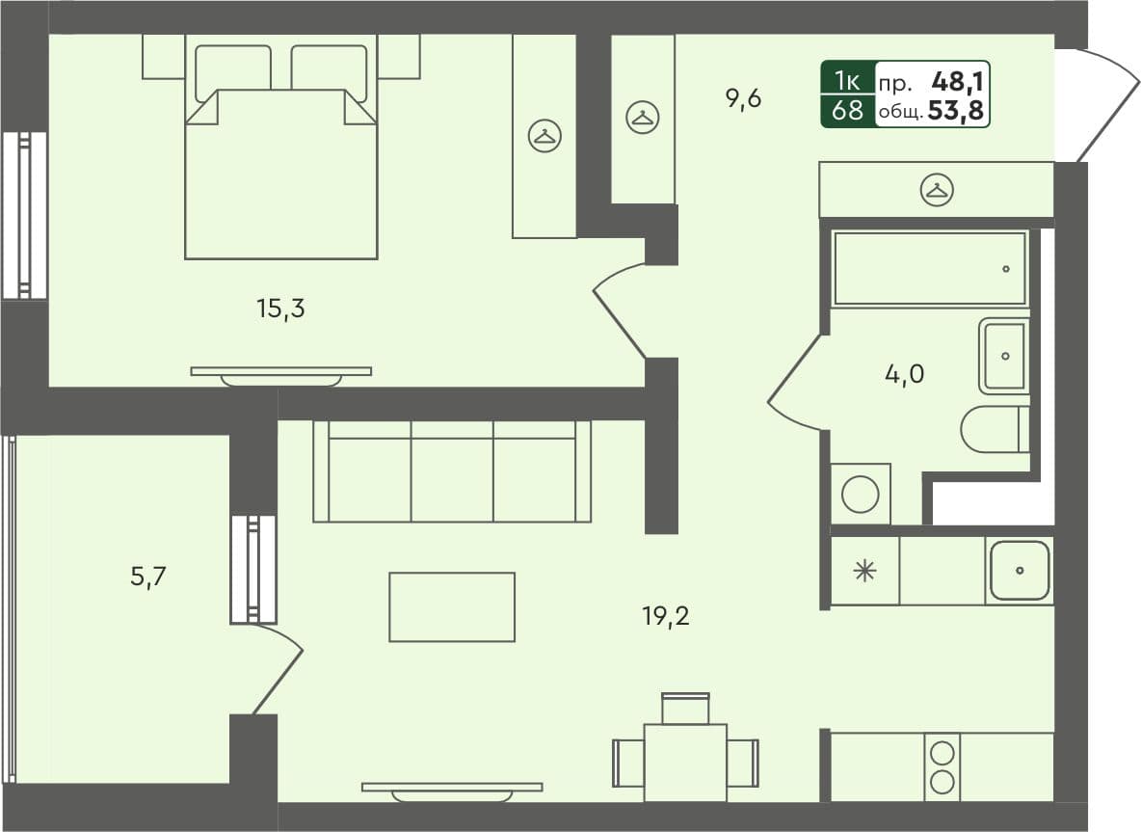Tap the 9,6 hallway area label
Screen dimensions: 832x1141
[x=743, y=98]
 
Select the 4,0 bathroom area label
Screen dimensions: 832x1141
[x=903, y=373]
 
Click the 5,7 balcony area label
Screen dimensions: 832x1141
[x=149, y=577]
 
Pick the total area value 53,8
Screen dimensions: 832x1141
[x=956, y=111]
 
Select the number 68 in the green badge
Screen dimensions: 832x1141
[x=848, y=111]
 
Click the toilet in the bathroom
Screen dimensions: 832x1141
[x=994, y=429]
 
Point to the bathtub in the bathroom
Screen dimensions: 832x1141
[x=930, y=269]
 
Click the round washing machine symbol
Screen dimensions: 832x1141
[x=860, y=496]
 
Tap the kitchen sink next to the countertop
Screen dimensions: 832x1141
[x=1019, y=571]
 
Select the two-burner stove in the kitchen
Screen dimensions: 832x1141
[x=942, y=767]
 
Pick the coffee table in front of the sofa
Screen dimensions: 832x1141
[x=451, y=606]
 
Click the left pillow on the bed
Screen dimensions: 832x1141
[x=233, y=71]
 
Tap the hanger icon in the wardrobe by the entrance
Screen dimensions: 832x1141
[x=936, y=190]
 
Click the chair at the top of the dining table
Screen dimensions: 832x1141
[x=685, y=709]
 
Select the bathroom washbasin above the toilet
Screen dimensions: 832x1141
[x=1004, y=356]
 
